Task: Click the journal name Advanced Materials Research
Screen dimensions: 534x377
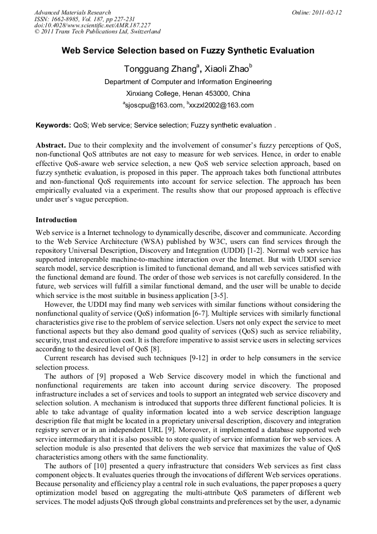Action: (72, 12)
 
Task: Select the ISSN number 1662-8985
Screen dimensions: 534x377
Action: (66, 19)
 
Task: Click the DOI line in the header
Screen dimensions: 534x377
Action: (92, 25)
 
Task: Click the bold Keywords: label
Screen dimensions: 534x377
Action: (53, 126)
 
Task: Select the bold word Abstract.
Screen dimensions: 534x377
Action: (51, 145)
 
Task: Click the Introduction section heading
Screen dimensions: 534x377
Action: (56, 220)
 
